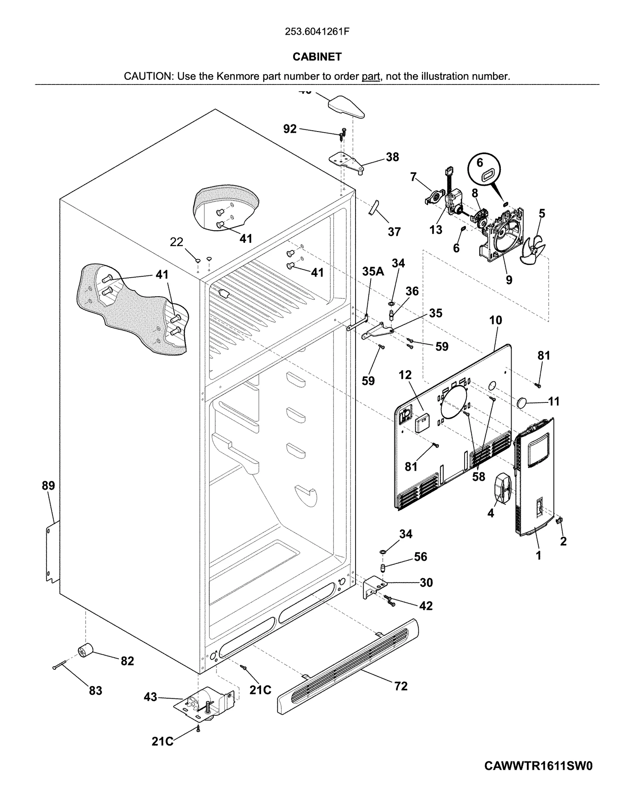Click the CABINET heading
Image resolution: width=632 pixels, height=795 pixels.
click(317, 57)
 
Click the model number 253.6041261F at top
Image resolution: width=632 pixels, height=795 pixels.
click(317, 32)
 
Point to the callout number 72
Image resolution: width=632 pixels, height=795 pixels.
click(401, 686)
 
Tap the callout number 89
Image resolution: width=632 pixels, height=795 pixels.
click(48, 486)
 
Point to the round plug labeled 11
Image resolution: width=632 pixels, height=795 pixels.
click(523, 403)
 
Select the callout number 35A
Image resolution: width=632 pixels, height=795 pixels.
click(373, 271)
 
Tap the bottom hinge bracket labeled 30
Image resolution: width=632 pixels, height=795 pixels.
click(372, 586)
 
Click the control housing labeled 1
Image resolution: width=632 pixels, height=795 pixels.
click(534, 478)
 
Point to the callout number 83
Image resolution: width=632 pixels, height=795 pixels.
click(96, 691)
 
